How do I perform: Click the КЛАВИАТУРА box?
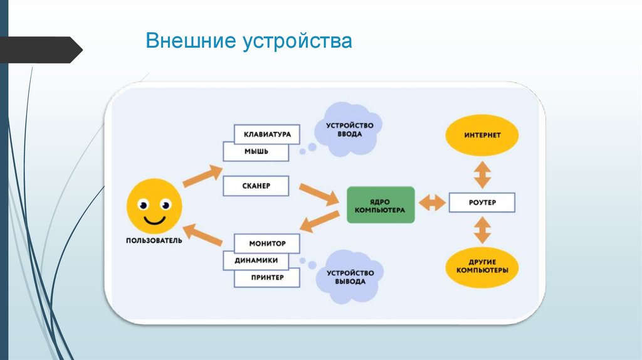pyautogui.click(x=266, y=134)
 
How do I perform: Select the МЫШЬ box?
pyautogui.click(x=256, y=152)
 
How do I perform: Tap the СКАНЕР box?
pyautogui.click(x=256, y=186)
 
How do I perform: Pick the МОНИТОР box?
pyautogui.click(x=267, y=243)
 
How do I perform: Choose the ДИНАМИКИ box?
pyautogui.click(x=256, y=260)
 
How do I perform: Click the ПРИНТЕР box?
pyautogui.click(x=267, y=277)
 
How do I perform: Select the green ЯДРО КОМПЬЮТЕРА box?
pyautogui.click(x=381, y=204)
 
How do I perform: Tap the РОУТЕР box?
pyautogui.click(x=481, y=203)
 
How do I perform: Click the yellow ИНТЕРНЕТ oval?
pyautogui.click(x=482, y=135)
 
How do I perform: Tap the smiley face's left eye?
pyautogui.click(x=144, y=204)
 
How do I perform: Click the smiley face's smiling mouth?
pyautogui.click(x=154, y=220)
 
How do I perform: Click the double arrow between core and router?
pyautogui.click(x=431, y=203)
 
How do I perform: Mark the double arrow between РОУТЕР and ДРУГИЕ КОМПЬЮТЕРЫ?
pyautogui.click(x=482, y=230)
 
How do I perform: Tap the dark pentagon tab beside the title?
pyautogui.click(x=41, y=50)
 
